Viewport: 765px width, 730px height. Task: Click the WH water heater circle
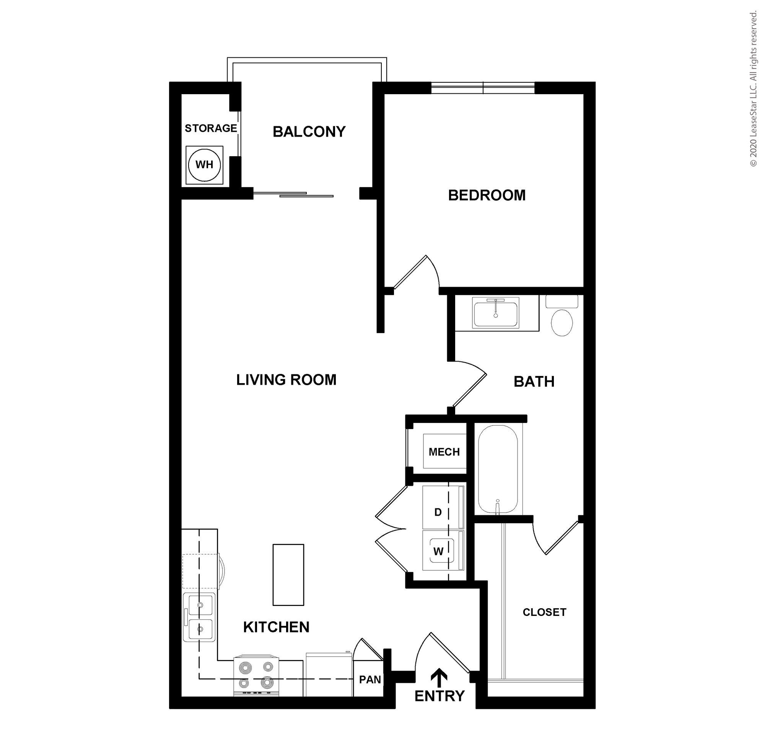pyautogui.click(x=204, y=165)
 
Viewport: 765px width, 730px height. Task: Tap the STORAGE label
pyautogui.click(x=211, y=128)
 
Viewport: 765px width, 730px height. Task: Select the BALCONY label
pyautogui.click(x=309, y=132)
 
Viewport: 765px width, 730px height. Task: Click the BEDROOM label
pyautogui.click(x=487, y=195)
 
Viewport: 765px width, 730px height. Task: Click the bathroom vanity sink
pyautogui.click(x=496, y=312)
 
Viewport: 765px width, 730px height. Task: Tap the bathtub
pyautogui.click(x=498, y=469)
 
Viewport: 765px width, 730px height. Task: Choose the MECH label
pyautogui.click(x=444, y=452)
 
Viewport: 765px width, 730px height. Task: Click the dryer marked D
pyautogui.click(x=444, y=507)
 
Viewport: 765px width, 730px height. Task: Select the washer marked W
pyautogui.click(x=444, y=550)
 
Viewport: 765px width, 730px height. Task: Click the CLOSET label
pyautogui.click(x=544, y=612)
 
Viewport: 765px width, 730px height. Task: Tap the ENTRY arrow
pyautogui.click(x=439, y=679)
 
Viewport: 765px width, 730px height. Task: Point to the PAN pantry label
pyautogui.click(x=370, y=679)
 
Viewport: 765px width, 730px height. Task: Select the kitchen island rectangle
pyautogui.click(x=288, y=574)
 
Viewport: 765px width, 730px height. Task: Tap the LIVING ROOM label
pyautogui.click(x=286, y=380)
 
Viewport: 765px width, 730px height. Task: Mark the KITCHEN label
pyautogui.click(x=277, y=627)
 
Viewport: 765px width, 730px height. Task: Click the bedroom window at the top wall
pyautogui.click(x=483, y=88)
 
